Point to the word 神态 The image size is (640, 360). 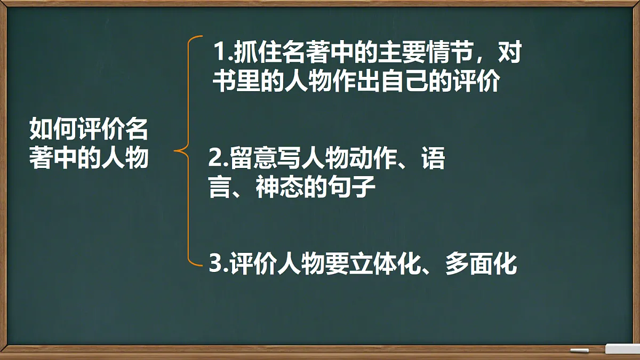click(x=279, y=188)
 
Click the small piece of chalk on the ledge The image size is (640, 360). click(x=579, y=350)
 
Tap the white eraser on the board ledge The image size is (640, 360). click(x=622, y=349)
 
